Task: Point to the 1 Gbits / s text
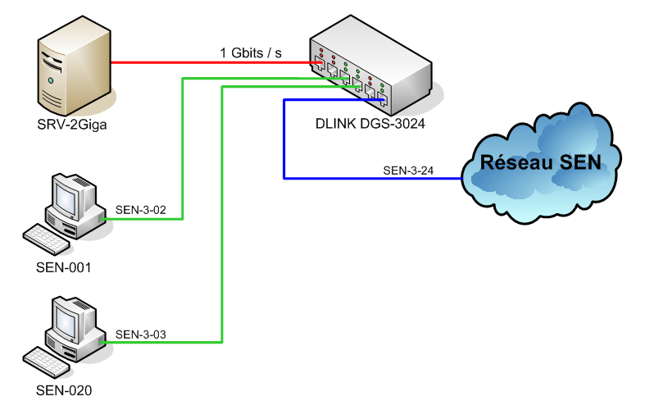click(x=251, y=52)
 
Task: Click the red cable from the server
click(x=205, y=61)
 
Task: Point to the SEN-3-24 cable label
click(x=408, y=171)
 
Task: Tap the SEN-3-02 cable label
click(x=141, y=210)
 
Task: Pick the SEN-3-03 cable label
click(x=141, y=334)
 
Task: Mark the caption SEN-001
click(x=64, y=267)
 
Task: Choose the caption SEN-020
click(x=64, y=390)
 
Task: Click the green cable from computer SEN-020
click(x=222, y=246)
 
